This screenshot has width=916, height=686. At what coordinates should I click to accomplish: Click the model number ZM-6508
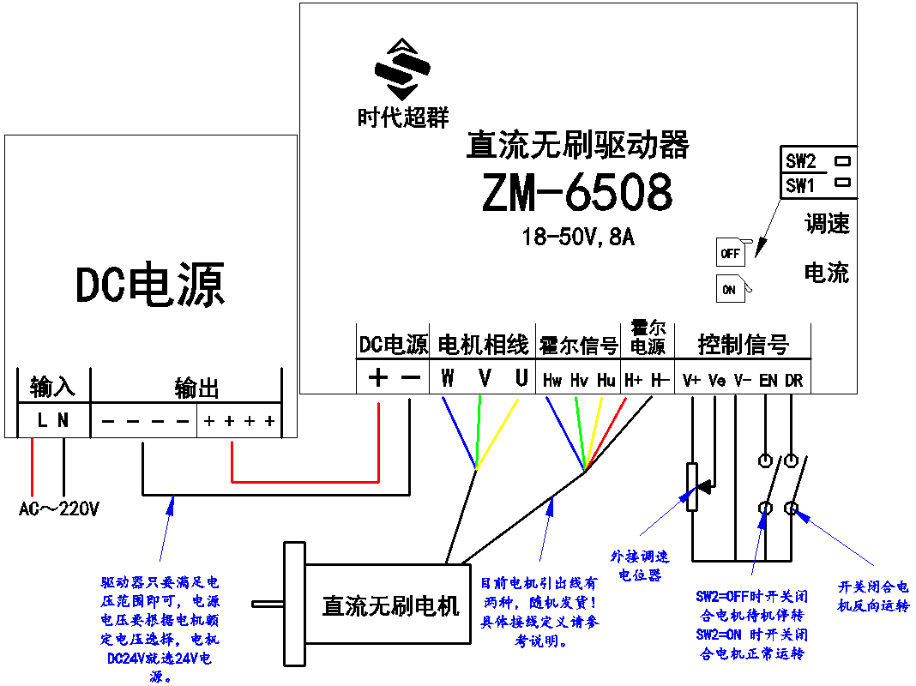577,194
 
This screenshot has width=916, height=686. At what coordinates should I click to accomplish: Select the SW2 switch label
801,160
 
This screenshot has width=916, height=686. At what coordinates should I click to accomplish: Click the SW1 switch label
801,184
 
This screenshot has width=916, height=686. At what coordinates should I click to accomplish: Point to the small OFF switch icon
731,254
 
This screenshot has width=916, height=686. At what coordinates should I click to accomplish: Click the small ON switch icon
729,290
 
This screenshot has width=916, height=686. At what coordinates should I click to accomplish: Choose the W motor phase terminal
448,379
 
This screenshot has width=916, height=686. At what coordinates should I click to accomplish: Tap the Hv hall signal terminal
579,380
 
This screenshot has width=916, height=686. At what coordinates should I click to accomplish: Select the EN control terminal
768,380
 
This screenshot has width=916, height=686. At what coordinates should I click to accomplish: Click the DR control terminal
794,380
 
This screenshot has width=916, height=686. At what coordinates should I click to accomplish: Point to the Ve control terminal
717,380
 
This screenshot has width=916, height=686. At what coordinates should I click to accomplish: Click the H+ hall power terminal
634,380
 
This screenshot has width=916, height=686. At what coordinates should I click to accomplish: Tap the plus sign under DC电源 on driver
377,378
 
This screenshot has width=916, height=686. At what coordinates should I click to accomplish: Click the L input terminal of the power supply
41,420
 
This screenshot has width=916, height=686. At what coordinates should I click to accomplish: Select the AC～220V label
59,509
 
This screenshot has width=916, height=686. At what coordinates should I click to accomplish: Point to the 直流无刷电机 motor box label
390,606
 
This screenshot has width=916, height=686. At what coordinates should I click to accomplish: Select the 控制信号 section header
743,345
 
